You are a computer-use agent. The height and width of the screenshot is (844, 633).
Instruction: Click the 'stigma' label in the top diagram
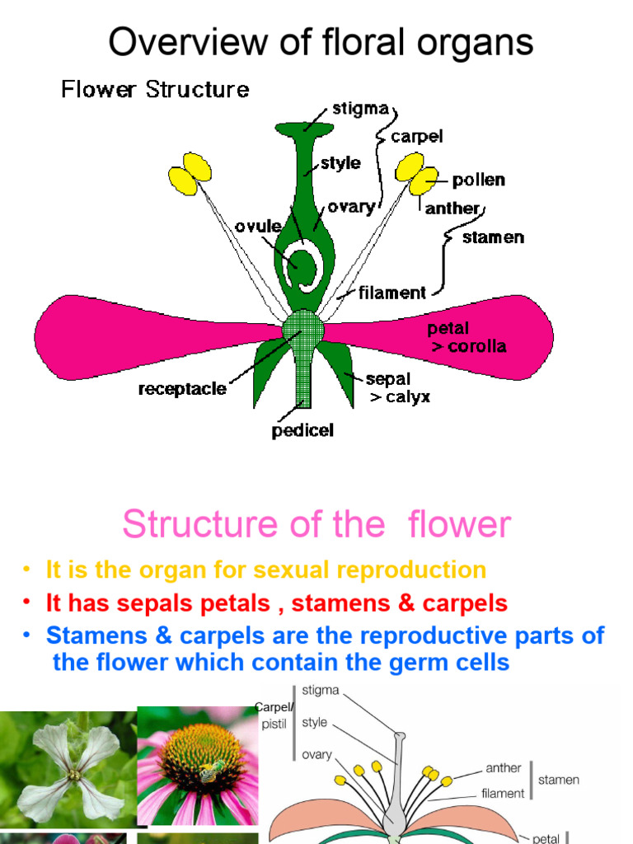(x=359, y=109)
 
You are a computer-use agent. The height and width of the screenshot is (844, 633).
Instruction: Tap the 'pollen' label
(x=478, y=180)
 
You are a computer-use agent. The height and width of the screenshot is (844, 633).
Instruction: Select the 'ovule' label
(x=258, y=226)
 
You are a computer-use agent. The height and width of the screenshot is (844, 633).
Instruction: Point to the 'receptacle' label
(x=182, y=389)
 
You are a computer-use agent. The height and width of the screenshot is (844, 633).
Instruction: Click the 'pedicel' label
(x=302, y=430)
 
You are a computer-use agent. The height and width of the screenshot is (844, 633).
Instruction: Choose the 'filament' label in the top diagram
(x=392, y=293)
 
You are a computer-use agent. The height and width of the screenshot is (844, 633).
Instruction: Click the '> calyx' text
(x=399, y=397)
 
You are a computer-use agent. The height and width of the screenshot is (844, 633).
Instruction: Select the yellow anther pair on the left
(x=190, y=173)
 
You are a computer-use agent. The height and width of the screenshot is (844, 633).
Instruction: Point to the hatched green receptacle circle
(x=303, y=331)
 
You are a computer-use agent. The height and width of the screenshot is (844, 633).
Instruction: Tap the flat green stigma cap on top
(x=304, y=129)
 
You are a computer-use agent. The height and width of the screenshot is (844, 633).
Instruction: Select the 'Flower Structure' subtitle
(x=155, y=89)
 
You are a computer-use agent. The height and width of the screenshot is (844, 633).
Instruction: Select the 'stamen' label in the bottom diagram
(x=559, y=779)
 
